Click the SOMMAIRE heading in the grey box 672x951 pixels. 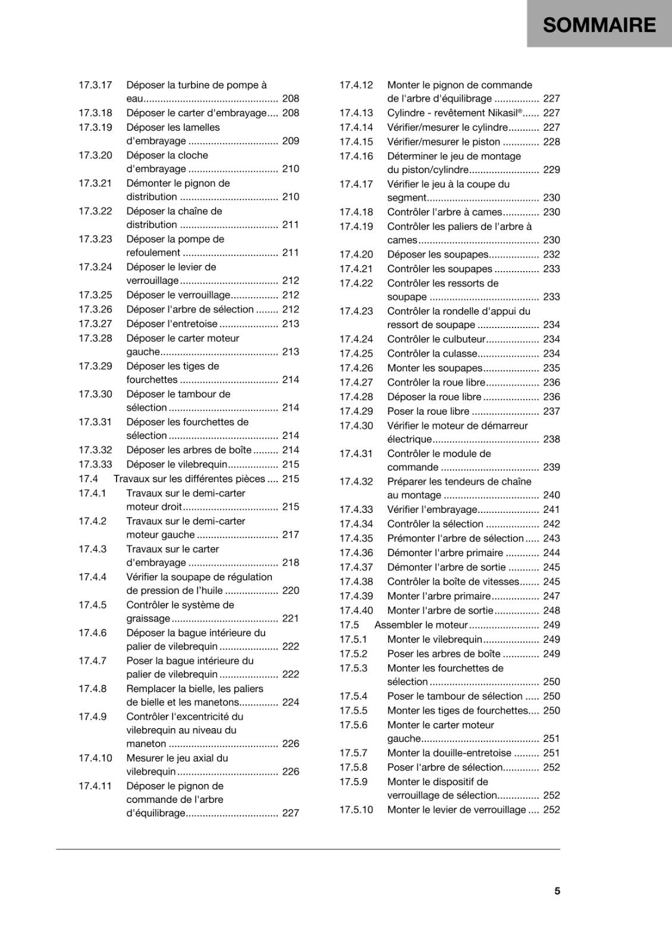pyautogui.click(x=599, y=25)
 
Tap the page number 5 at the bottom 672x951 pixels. pyautogui.click(x=557, y=891)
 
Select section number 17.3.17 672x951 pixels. pyautogui.click(x=95, y=85)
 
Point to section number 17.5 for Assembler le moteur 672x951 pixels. pyautogui.click(x=349, y=625)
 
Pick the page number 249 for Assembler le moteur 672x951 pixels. pyautogui.click(x=551, y=625)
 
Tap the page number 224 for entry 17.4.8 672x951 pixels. pyautogui.click(x=291, y=702)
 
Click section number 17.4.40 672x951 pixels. pyautogui.click(x=356, y=610)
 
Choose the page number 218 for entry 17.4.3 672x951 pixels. pyautogui.click(x=291, y=562)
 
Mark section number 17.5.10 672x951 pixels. pyautogui.click(x=356, y=810)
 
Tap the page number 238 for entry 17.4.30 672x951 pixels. pyautogui.click(x=551, y=439)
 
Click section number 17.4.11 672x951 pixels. pyautogui.click(x=95, y=786)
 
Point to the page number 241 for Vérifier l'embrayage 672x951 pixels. pyautogui.click(x=551, y=509)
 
